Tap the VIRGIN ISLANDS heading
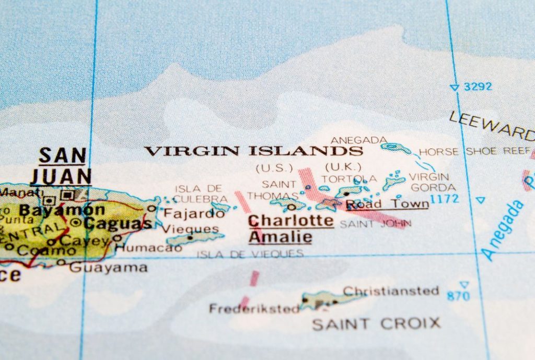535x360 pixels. click(x=253, y=152)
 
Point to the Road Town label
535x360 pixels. click(x=387, y=204)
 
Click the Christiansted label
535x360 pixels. click(x=391, y=291)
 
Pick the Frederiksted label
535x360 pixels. click(x=254, y=309)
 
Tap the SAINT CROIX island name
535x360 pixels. click(x=376, y=324)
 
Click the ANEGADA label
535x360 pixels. click(x=359, y=140)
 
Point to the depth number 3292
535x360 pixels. click(x=478, y=87)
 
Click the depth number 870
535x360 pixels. click(x=458, y=296)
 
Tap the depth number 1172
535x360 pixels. click(x=444, y=199)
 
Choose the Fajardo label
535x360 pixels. click(x=187, y=213)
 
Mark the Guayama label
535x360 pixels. click(x=108, y=268)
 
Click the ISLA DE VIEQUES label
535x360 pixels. click(x=250, y=254)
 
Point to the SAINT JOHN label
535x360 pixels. click(x=375, y=224)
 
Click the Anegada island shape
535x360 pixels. click(x=396, y=148)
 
